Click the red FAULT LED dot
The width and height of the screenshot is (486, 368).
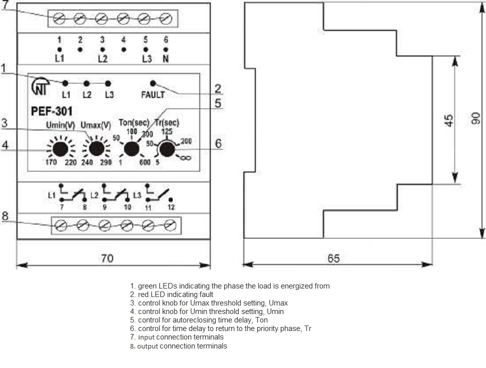(153, 83)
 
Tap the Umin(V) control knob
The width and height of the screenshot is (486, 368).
(61, 149)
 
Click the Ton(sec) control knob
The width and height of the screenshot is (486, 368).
(132, 148)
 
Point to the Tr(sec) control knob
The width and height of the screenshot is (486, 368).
(167, 148)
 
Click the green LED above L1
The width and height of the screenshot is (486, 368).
(66, 83)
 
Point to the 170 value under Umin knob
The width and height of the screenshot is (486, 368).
(51, 163)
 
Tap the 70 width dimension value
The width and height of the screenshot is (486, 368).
(108, 258)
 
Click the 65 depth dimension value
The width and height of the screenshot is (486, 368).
(334, 258)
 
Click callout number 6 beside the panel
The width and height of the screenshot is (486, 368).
(218, 143)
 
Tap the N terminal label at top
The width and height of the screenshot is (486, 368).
(166, 58)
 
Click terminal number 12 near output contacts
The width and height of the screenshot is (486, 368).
(172, 207)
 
